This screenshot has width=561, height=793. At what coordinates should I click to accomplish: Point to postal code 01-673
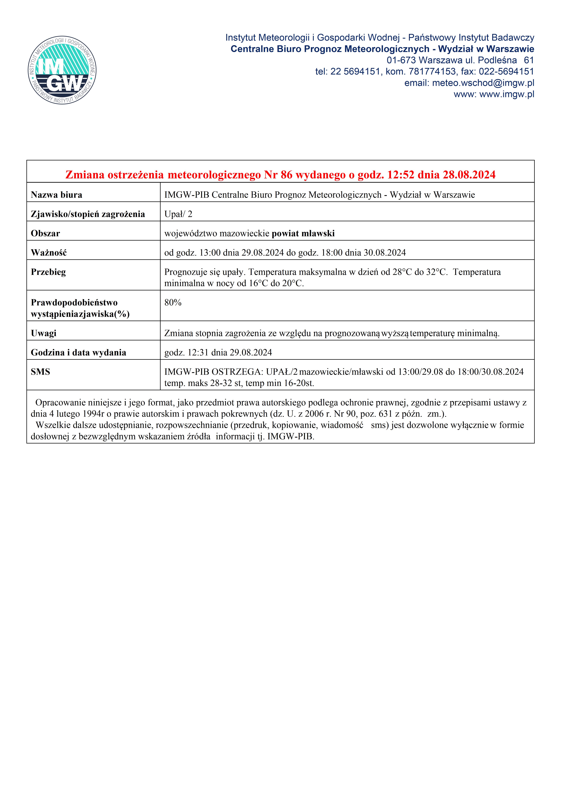[401, 60]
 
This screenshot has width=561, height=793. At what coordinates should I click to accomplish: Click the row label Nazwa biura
[56, 195]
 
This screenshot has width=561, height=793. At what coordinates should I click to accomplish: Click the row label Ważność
[49, 253]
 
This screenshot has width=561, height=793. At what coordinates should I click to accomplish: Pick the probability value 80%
[173, 303]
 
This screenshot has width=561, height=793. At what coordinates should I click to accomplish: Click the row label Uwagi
[44, 333]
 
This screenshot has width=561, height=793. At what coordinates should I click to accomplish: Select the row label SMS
[40, 372]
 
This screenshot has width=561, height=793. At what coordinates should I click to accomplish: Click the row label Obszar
[45, 233]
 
